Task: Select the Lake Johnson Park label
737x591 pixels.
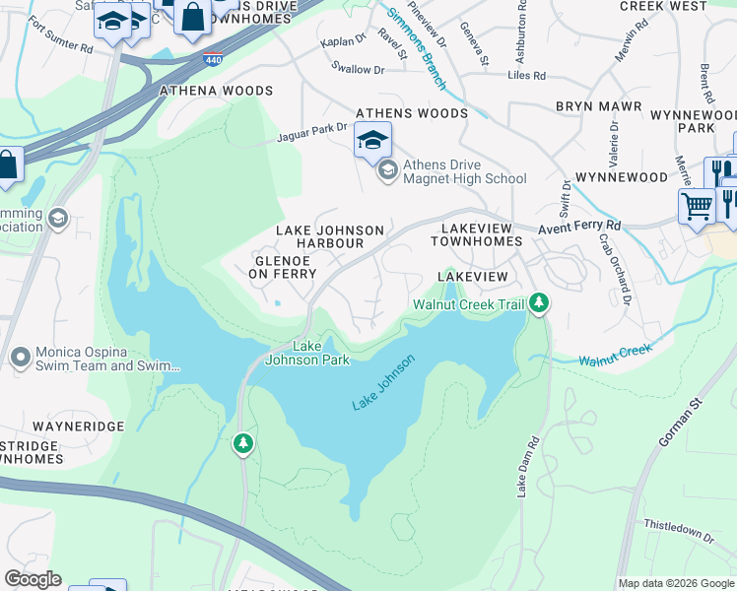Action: coord(307,353)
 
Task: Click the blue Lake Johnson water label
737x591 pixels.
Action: coord(384,382)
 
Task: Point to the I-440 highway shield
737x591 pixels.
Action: coord(213,60)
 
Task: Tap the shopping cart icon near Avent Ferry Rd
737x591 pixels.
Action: coord(697,207)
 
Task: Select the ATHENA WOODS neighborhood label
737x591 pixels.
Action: coord(216,91)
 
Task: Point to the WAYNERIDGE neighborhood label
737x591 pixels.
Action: coord(78,427)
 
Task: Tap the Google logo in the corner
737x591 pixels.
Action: coord(32,579)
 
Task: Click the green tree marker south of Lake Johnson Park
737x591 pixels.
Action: coord(243,444)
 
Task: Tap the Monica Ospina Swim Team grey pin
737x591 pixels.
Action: coord(19,357)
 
